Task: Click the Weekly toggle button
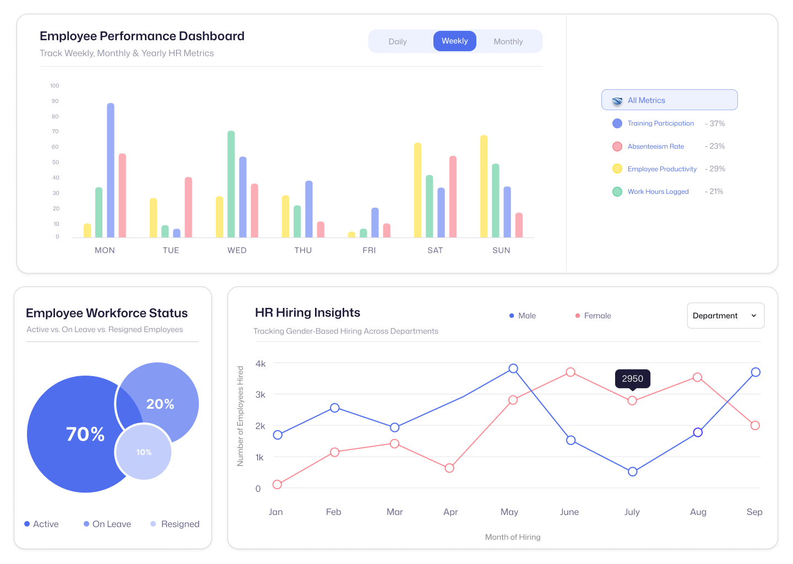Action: tap(454, 41)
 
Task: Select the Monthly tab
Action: tap(508, 42)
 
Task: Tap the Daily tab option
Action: tap(397, 42)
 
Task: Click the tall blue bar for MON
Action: tap(111, 171)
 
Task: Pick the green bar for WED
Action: tap(231, 185)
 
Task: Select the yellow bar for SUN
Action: tap(484, 187)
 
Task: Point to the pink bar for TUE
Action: tap(188, 208)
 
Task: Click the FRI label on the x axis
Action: tap(369, 250)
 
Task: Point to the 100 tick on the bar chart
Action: tap(55, 86)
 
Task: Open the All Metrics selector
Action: tap(669, 100)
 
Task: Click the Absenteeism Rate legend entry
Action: tap(655, 147)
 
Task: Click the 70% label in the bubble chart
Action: tap(85, 434)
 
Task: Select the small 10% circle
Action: tap(144, 452)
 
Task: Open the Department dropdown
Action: tap(725, 316)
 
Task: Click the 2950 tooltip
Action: tap(632, 378)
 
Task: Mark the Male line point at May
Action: tap(513, 368)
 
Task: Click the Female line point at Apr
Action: tap(449, 468)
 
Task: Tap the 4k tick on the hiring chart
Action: tap(260, 364)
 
